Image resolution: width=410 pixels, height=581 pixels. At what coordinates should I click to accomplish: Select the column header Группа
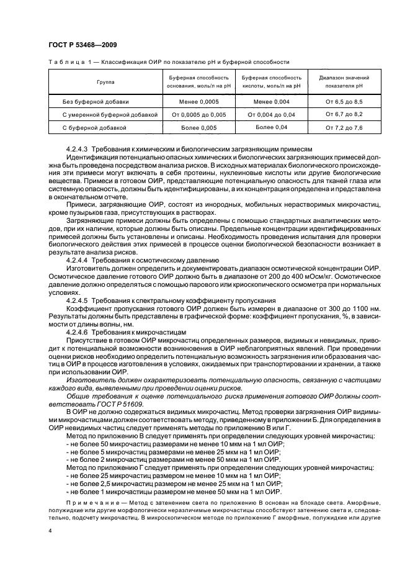[105, 81]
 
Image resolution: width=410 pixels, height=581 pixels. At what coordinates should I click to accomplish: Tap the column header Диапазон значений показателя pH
[344, 81]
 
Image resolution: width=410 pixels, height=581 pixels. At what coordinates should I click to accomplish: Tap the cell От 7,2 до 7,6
[344, 128]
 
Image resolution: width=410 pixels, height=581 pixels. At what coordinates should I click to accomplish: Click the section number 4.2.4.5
[78, 300]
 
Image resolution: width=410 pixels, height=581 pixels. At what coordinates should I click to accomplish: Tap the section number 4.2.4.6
[78, 332]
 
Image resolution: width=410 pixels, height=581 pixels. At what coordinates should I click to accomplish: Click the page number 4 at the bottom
[50, 531]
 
